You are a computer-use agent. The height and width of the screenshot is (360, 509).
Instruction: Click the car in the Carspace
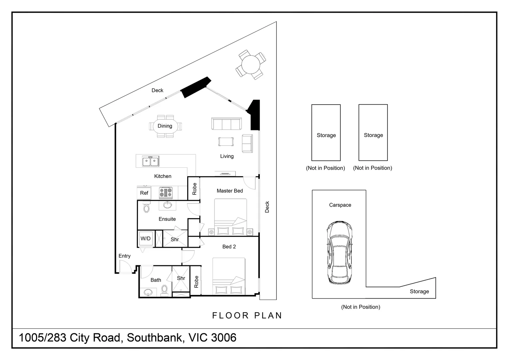click(x=339, y=252)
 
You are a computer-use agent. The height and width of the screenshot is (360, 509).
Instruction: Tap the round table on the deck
click(x=251, y=64)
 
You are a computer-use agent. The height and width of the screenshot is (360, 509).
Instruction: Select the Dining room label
click(x=165, y=126)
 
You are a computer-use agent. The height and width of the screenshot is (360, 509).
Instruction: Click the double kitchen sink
click(x=151, y=161)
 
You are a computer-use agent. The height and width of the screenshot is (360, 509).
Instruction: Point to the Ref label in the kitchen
click(x=144, y=193)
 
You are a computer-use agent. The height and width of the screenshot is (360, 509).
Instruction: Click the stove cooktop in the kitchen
click(x=166, y=193)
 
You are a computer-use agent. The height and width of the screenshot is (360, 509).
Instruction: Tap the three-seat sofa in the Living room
click(x=227, y=124)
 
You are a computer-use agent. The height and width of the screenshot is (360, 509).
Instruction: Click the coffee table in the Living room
click(x=226, y=142)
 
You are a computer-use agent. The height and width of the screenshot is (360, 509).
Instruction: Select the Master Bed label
click(x=230, y=191)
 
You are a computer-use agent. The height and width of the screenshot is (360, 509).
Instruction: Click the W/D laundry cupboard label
click(x=146, y=239)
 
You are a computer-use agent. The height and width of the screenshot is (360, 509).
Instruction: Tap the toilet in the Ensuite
click(x=146, y=208)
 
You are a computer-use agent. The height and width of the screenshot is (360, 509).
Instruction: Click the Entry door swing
click(x=125, y=267)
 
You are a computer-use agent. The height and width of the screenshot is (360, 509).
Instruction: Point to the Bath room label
click(x=156, y=280)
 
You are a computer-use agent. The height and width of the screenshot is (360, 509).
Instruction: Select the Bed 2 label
click(x=229, y=247)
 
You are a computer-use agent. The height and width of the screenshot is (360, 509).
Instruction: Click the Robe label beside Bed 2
click(x=196, y=282)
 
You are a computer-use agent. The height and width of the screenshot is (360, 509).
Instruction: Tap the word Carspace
click(x=340, y=205)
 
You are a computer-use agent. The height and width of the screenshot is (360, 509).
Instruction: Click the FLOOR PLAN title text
click(x=247, y=315)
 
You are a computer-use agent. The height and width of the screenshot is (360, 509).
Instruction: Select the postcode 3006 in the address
click(x=224, y=338)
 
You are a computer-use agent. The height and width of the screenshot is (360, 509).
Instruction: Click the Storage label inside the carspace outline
click(x=419, y=291)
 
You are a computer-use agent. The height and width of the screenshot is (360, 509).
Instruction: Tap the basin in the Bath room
click(x=148, y=293)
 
